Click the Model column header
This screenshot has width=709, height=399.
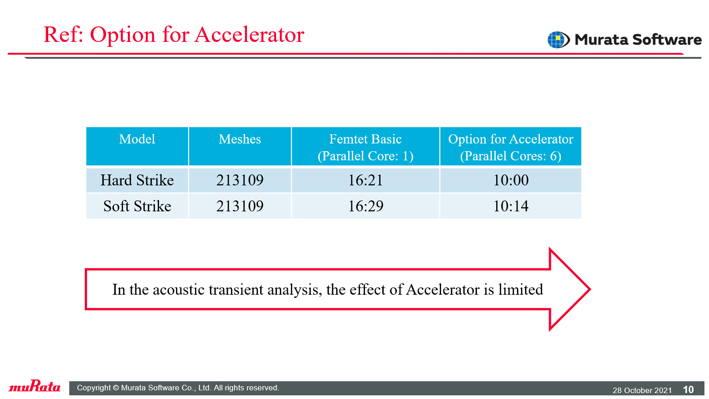(x=137, y=139)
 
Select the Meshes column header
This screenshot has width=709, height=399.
(x=240, y=139)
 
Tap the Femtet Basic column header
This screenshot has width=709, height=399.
(x=365, y=148)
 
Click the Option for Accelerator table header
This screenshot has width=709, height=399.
(x=510, y=148)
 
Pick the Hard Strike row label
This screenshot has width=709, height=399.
(x=137, y=180)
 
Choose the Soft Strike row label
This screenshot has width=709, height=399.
(x=137, y=206)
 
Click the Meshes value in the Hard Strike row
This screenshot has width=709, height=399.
(x=240, y=180)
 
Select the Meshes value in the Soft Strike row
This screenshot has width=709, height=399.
(x=240, y=206)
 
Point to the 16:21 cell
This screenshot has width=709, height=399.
(x=365, y=180)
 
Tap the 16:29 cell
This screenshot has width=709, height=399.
(x=365, y=206)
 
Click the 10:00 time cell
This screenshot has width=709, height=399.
(x=510, y=180)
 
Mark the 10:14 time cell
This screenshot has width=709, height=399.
(x=510, y=206)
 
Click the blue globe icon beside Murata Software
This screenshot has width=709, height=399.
(x=558, y=40)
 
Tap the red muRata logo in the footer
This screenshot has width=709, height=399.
(x=35, y=386)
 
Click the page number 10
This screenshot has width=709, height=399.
(x=688, y=389)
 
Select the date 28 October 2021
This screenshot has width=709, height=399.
(x=642, y=390)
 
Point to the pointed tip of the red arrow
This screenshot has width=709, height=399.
(x=590, y=289)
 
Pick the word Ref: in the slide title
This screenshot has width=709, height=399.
(x=63, y=35)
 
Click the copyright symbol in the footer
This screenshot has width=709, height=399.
(x=116, y=388)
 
